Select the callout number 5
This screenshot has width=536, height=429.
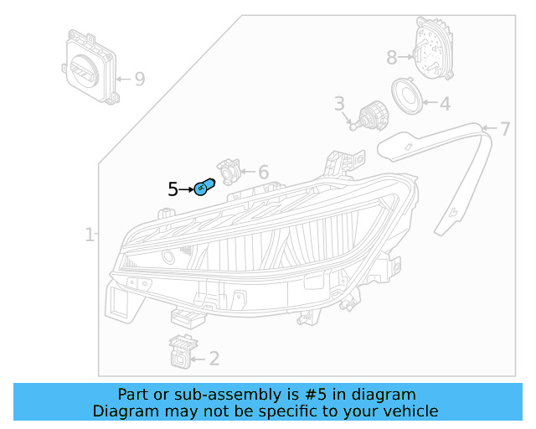pyautogui.click(x=173, y=189)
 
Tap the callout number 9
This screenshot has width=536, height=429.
pyautogui.click(x=139, y=79)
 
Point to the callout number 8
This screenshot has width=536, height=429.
pyautogui.click(x=391, y=58)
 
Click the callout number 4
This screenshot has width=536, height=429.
pyautogui.click(x=445, y=104)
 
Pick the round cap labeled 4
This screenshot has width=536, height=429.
pyautogui.click(x=410, y=98)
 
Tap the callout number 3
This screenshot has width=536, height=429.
pyautogui.click(x=339, y=104)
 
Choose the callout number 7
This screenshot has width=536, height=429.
pyautogui.click(x=504, y=129)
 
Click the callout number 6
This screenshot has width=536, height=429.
pyautogui.click(x=263, y=172)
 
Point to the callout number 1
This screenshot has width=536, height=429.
pyautogui.click(x=89, y=235)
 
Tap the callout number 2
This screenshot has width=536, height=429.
pyautogui.click(x=214, y=359)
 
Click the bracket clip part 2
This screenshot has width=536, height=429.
pyautogui.click(x=179, y=352)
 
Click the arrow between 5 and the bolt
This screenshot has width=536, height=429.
pyautogui.click(x=187, y=189)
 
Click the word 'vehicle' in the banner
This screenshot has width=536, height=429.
pyautogui.click(x=408, y=411)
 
